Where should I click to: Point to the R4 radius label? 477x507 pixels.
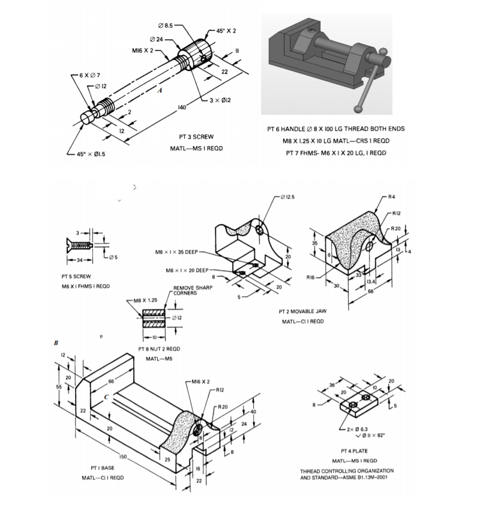pos(391,196)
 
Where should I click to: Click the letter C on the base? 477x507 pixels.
pos(106,397)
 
